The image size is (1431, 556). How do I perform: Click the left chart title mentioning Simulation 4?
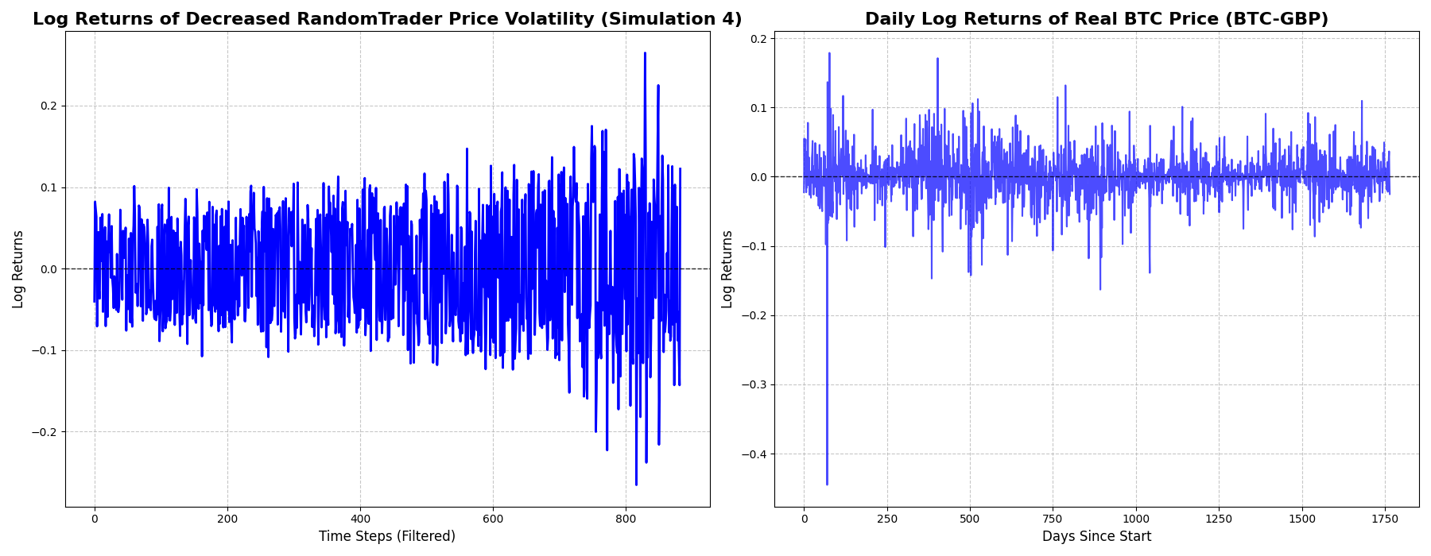(387, 19)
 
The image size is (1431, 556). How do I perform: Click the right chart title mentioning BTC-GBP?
(1096, 19)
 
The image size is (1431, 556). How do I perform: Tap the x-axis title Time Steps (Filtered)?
(387, 536)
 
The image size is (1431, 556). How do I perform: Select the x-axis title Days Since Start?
(1096, 536)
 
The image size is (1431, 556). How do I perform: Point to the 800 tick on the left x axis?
(626, 519)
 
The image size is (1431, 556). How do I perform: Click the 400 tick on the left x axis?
(360, 519)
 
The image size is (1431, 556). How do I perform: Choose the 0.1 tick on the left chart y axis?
(48, 187)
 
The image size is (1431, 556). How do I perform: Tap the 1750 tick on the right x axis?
(1385, 519)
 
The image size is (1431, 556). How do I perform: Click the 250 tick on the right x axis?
(887, 519)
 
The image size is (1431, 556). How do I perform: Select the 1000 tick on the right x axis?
(1136, 519)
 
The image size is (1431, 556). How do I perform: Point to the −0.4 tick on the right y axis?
(753, 454)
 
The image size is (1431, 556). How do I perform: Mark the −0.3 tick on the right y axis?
(753, 385)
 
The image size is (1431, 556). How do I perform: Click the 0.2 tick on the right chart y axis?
(757, 38)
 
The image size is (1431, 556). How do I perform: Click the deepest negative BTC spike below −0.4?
(827, 484)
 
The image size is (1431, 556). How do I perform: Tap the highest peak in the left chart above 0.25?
(645, 54)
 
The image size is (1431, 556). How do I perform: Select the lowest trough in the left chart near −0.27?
(636, 484)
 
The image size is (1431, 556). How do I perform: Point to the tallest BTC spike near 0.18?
(829, 54)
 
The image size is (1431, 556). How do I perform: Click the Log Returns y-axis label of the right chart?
(727, 269)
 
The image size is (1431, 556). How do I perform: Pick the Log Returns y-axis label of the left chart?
(18, 269)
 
